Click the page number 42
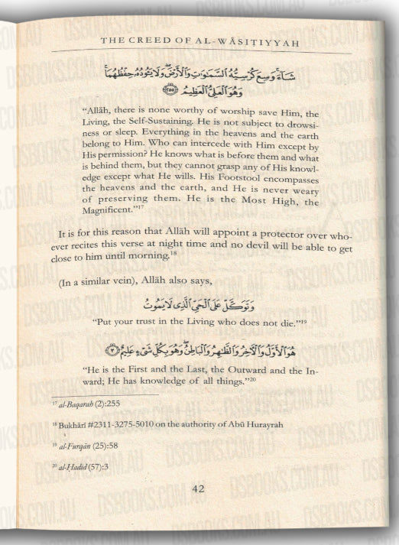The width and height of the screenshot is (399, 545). (x=197, y=489)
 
